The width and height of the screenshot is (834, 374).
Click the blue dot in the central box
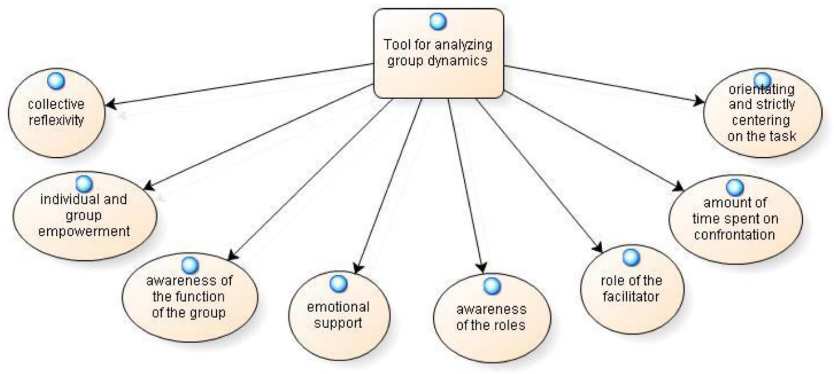tap(438, 21)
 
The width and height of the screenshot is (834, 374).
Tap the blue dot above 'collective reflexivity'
tap(56, 81)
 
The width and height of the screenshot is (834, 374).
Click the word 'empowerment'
tap(84, 231)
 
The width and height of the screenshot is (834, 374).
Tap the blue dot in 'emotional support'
tap(338, 284)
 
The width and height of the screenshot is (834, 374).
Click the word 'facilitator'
tap(631, 296)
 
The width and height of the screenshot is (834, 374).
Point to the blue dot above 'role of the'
tap(631, 257)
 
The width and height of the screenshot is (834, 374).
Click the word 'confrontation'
tap(735, 234)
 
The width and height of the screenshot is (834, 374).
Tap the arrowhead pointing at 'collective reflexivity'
tap(110, 105)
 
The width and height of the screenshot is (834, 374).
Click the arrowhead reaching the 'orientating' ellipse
tap(699, 101)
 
